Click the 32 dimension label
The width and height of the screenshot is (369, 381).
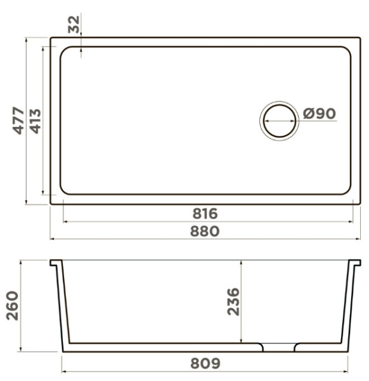74,24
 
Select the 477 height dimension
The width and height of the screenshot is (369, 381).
18,121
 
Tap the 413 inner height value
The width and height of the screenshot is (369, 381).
35,121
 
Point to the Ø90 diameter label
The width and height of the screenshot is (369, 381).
320,114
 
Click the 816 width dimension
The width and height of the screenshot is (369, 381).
205,213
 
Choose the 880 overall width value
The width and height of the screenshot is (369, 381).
205,231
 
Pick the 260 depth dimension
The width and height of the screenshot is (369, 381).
12,305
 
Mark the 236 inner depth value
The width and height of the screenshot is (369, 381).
233,302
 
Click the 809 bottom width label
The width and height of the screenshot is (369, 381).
205,363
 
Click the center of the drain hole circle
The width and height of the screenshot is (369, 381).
279,121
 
